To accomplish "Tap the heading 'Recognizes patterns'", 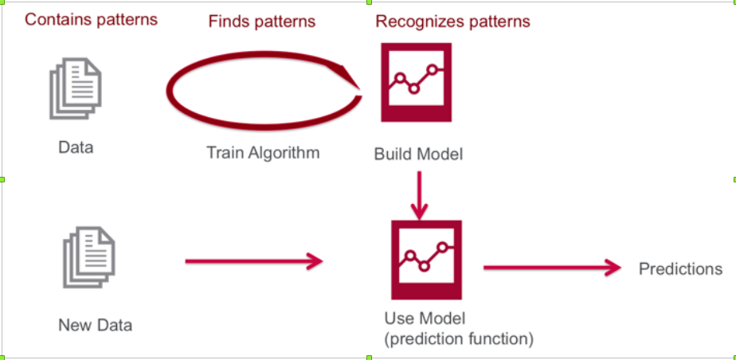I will click(452, 22).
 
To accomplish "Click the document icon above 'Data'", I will click(76, 89).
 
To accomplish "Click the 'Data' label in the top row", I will click(76, 147).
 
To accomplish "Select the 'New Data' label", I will click(95, 325).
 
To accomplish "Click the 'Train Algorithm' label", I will click(263, 152).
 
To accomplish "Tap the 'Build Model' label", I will click(418, 153).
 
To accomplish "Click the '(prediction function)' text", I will click(458, 338).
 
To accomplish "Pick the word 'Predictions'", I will click(680, 269).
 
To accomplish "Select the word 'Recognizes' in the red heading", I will click(414, 22).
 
